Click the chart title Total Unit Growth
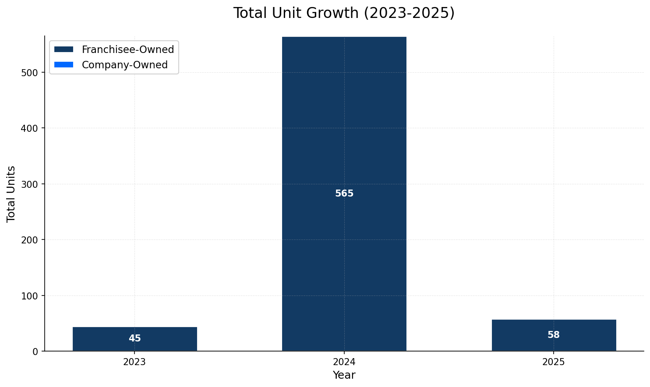point(344,13)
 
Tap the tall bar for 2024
point(344,131)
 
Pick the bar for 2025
point(554,335)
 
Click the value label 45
point(135,339)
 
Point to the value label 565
point(344,193)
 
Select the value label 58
point(554,335)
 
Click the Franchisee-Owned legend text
point(128,49)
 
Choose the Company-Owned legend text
point(125,65)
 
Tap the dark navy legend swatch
point(64,49)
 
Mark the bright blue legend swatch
point(64,65)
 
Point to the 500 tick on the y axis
point(30,72)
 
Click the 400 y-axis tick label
point(30,128)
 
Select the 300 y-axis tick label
point(30,184)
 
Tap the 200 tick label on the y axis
point(30,240)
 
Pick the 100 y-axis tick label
point(30,296)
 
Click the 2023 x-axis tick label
point(134,362)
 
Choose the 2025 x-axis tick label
point(554,362)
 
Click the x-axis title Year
point(344,375)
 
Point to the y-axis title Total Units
point(11,193)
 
